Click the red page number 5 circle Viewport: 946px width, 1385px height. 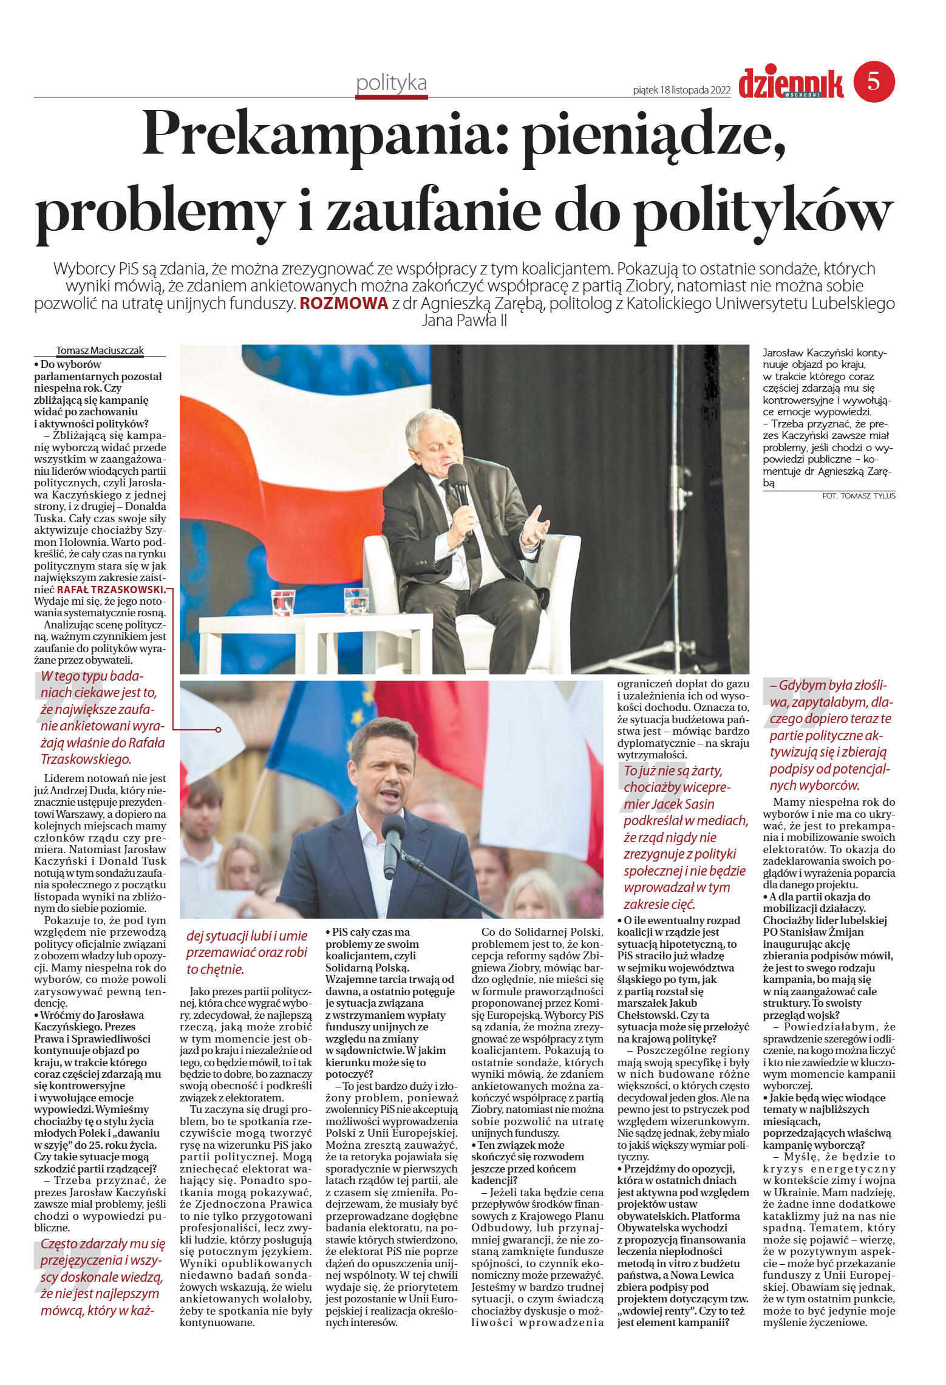874,81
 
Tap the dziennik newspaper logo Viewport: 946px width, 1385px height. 791,83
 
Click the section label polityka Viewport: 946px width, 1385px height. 392,83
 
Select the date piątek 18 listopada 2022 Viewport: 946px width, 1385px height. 681,90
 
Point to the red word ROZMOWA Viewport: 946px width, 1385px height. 344,304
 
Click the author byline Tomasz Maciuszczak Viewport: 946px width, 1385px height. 100,350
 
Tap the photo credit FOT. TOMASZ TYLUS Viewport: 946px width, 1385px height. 859,495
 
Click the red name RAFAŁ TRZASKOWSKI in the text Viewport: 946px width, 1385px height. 111,590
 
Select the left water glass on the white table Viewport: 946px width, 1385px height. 283,601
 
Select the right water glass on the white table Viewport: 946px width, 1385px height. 356,601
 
